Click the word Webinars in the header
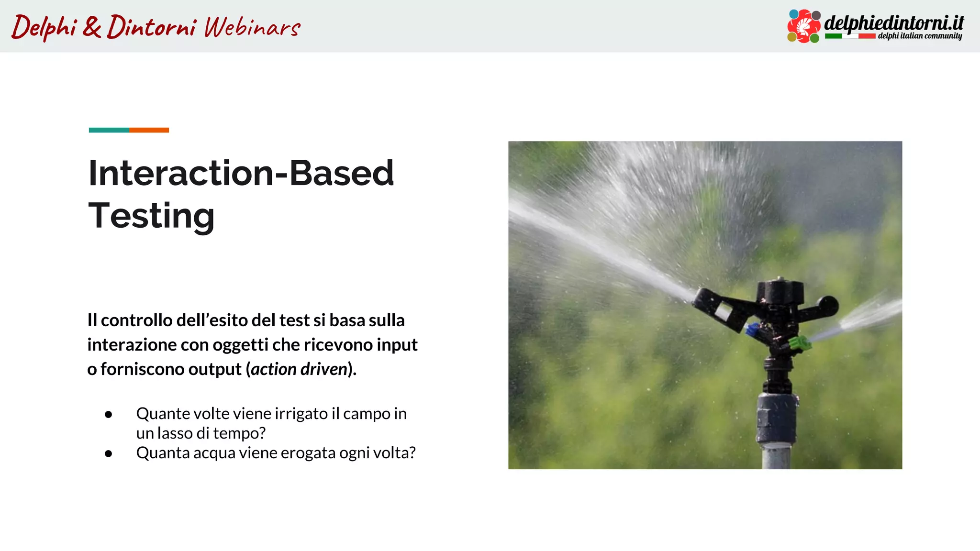click(252, 27)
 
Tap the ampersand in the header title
click(92, 27)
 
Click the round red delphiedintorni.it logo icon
click(804, 26)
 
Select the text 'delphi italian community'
click(919, 36)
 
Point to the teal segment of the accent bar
click(109, 130)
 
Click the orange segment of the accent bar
click(149, 130)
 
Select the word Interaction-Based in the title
click(241, 173)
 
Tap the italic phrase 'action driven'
click(299, 369)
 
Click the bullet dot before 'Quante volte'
click(109, 414)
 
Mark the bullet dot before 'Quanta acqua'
click(109, 453)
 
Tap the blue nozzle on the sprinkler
click(752, 329)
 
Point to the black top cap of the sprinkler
click(780, 290)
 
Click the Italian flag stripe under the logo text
click(850, 36)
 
